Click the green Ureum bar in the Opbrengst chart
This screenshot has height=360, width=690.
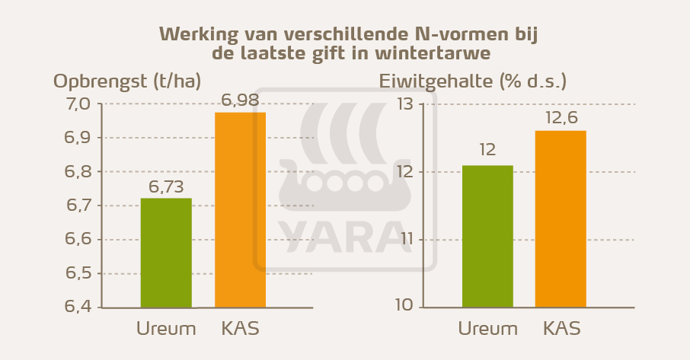coord(166,253)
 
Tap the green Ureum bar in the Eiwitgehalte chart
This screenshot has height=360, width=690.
coord(487,236)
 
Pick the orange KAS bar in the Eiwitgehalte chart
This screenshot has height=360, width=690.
coord(561,219)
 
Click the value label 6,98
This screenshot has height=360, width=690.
coord(240,100)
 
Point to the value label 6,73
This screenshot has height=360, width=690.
coord(166,186)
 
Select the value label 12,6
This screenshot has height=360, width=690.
coord(561,118)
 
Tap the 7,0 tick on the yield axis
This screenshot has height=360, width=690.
coord(75,104)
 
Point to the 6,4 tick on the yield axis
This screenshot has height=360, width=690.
coord(75,307)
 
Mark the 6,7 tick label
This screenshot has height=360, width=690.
coord(75,205)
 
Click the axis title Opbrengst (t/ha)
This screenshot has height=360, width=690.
coord(127,81)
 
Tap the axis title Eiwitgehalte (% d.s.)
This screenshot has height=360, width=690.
coord(472,81)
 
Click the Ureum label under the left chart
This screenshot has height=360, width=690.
coord(166,330)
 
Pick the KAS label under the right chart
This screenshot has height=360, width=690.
coord(562,330)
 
